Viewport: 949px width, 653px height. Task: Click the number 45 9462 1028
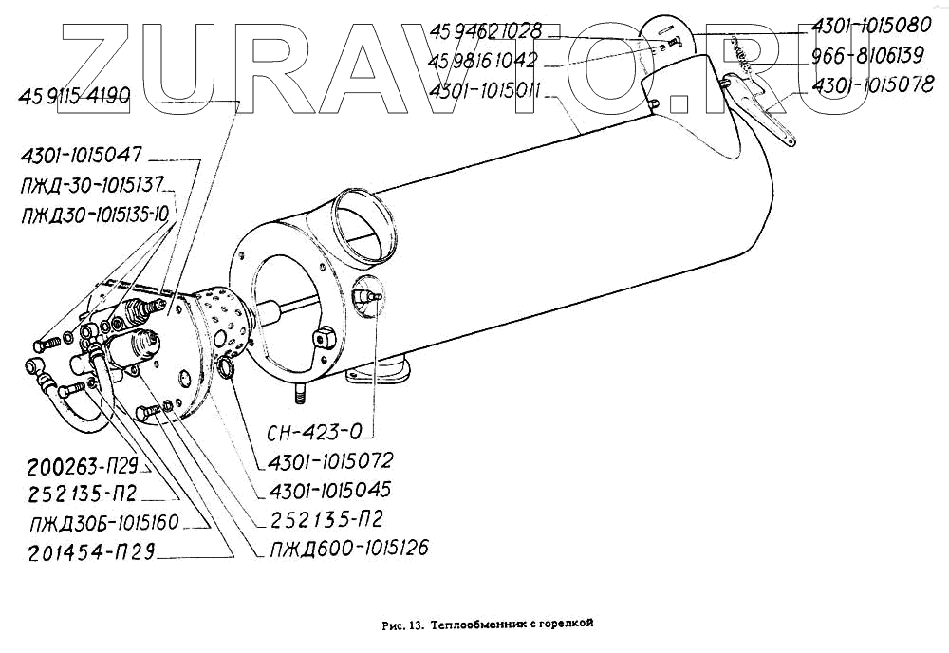pos(485,31)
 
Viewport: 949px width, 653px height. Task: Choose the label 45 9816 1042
pos(485,61)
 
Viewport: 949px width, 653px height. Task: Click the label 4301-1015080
pos(868,28)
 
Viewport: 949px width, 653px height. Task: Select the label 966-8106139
pos(868,57)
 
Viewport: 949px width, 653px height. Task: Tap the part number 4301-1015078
pos(868,86)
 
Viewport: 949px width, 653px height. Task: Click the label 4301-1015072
pos(331,460)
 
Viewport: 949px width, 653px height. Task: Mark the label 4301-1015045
pos(331,490)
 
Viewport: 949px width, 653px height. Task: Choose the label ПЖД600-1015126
pos(349,548)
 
